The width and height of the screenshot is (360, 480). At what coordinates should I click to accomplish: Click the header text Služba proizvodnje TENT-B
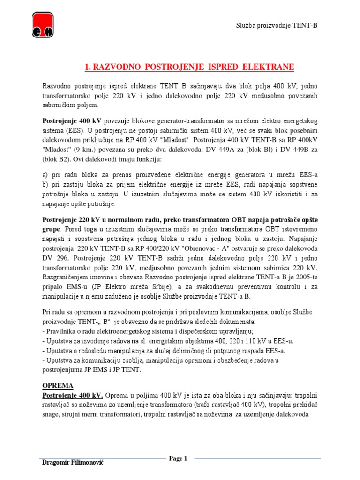tap(276, 25)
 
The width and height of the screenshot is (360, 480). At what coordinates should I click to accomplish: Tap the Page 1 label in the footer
tap(178, 458)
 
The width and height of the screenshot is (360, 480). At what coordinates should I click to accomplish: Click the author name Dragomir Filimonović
tap(73, 463)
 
